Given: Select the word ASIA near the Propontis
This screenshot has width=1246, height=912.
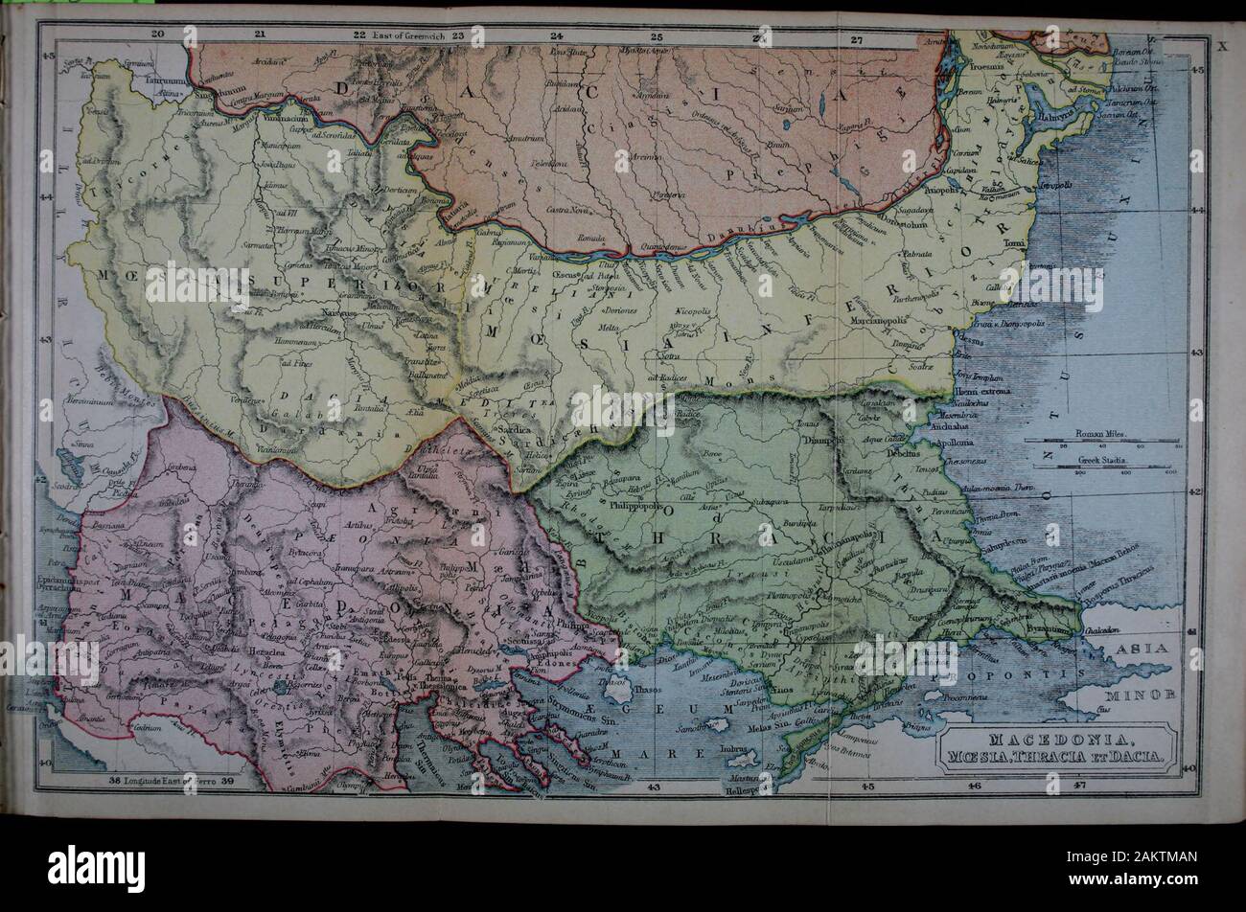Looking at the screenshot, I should pyautogui.click(x=1142, y=649).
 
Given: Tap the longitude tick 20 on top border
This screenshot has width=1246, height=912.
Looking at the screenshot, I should pyautogui.click(x=159, y=35).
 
